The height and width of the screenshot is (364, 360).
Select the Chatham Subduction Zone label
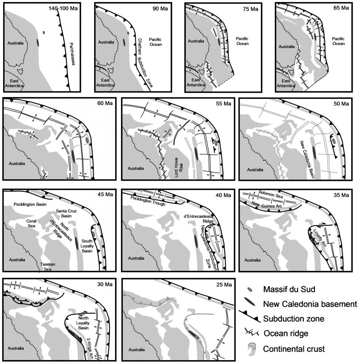[146, 60]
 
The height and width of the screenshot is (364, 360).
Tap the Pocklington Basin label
[28, 205]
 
